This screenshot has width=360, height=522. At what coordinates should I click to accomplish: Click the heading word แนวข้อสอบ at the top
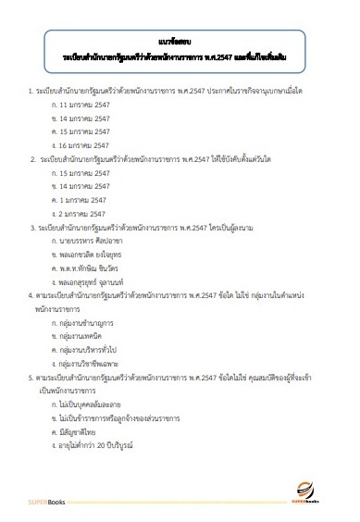(x=180, y=43)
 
